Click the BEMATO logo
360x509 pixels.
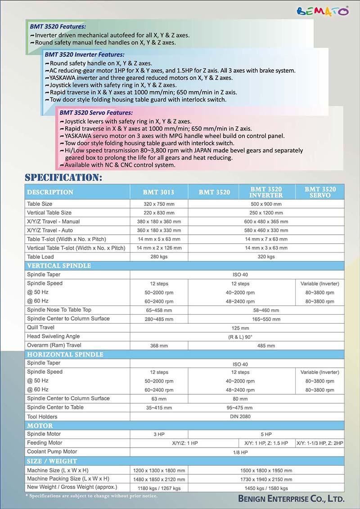pyautogui.click(x=323, y=11)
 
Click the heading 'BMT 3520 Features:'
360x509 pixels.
pyautogui.click(x=58, y=27)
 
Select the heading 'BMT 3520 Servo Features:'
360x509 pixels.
pyautogui.click(x=96, y=112)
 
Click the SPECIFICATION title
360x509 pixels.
pyautogui.click(x=63, y=177)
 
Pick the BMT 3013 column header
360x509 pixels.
pyautogui.click(x=158, y=192)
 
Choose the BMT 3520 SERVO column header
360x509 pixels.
pyautogui.click(x=320, y=192)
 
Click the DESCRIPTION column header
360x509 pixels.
pyautogui.click(x=50, y=192)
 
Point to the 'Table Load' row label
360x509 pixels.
pyautogui.click(x=40, y=257)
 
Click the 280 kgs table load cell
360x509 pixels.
pyautogui.click(x=159, y=257)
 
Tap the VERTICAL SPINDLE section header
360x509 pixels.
pyautogui.click(x=59, y=266)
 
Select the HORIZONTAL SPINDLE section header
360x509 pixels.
pyautogui.click(x=65, y=354)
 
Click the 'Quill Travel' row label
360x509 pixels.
pyautogui.click(x=40, y=327)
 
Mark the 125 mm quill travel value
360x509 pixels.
pyautogui.click(x=240, y=328)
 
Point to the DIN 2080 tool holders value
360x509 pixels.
pyautogui.click(x=240, y=416)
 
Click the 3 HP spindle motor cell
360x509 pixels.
pyautogui.click(x=159, y=434)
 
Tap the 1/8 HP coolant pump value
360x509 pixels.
pyautogui.click(x=240, y=452)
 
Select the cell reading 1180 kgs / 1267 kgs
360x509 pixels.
pyautogui.click(x=159, y=487)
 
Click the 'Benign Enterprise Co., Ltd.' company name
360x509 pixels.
pyautogui.click(x=292, y=499)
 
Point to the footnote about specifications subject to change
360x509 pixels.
pyautogui.click(x=91, y=496)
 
